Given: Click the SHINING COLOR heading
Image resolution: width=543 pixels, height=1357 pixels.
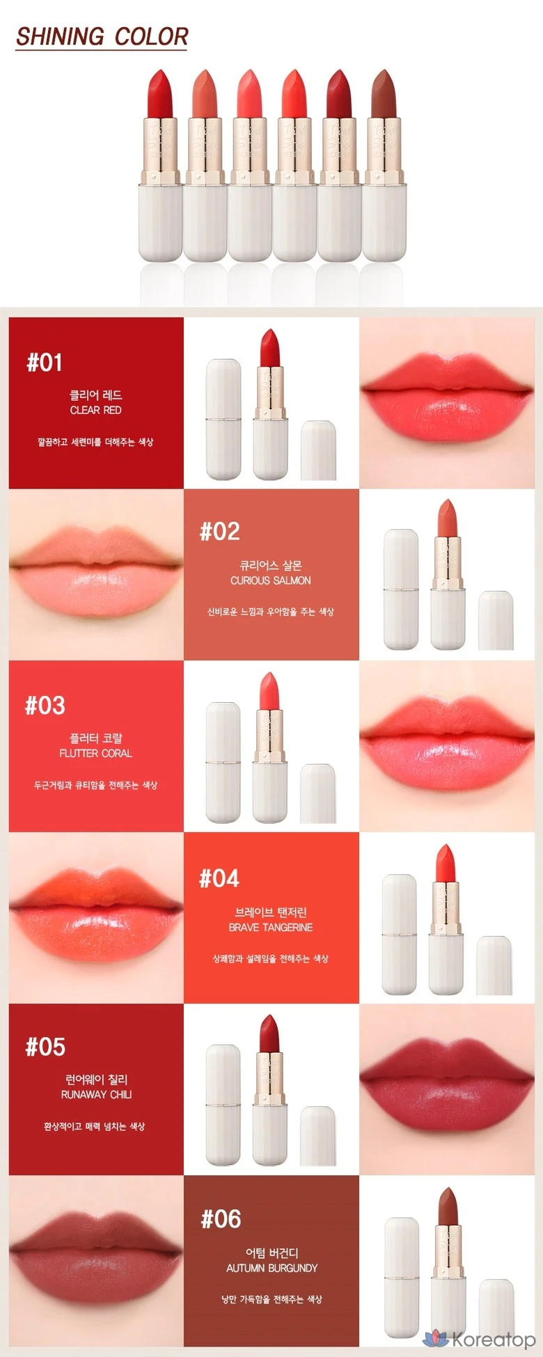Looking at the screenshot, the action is point(102,36).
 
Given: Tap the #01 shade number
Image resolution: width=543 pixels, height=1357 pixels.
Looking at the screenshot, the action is point(45,363).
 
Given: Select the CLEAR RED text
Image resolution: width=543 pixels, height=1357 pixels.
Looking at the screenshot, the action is point(96,410).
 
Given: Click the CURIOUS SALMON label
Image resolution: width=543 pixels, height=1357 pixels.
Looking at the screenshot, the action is point(271,580).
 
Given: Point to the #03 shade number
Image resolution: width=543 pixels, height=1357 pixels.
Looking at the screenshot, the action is point(45,706).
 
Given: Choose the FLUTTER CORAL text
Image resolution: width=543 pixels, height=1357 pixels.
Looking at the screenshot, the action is point(96,753).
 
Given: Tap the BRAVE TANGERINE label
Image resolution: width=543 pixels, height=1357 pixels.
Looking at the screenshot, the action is point(271,927).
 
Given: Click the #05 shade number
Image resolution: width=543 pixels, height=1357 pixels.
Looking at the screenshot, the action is point(45,1047).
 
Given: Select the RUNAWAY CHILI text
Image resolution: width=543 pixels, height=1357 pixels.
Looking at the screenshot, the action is point(96,1095).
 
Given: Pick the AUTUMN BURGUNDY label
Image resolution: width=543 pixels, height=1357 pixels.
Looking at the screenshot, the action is point(272,1268).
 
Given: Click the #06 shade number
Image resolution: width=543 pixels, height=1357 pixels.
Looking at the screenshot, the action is point(221,1219).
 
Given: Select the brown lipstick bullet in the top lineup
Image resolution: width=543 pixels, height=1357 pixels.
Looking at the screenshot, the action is point(383,94).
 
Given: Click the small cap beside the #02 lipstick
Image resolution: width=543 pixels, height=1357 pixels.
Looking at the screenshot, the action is point(496,621).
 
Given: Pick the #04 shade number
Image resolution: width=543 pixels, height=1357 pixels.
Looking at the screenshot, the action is point(219,879).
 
